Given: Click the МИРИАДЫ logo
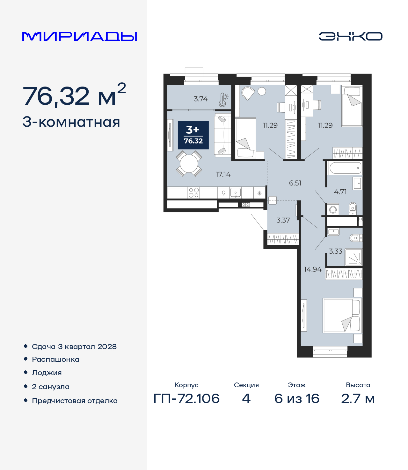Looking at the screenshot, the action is pos(79,36).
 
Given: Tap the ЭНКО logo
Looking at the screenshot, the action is pos(350,36).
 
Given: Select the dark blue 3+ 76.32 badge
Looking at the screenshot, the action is pos(193,135).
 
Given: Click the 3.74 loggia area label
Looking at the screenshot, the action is pos(201,99).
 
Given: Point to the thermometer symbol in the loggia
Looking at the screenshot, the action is pos(223,100).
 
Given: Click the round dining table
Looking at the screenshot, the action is pos(189,164).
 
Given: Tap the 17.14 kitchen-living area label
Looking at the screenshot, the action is pos(223,174).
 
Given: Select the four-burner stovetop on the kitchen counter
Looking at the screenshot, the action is pos(193,193).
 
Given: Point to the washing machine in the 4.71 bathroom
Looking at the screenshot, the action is pos(333,209).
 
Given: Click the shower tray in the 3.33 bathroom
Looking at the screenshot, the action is pos(353,257).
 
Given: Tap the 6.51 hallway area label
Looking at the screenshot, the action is pos(295,183).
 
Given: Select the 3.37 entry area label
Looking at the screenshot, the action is pos(283,220).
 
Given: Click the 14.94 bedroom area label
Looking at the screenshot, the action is pos(313,269).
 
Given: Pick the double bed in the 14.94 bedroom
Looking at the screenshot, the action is pos(342,316).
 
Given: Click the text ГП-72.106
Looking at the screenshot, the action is pos(186,399).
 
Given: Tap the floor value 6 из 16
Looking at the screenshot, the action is pos(297,399).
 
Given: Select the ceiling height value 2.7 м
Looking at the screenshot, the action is pos(358,399).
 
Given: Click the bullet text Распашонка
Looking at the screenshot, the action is pos(55,360).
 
